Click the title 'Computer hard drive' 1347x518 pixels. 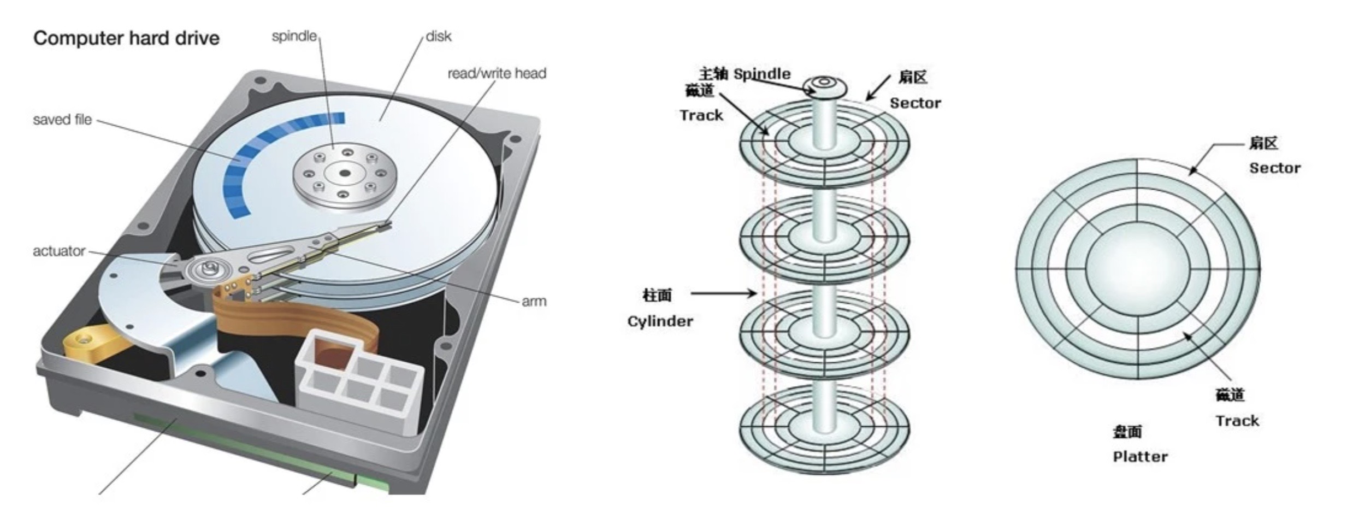click(126, 38)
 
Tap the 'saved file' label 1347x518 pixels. click(62, 120)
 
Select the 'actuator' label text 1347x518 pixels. click(59, 251)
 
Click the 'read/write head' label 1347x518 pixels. click(497, 73)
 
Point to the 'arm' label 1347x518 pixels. click(534, 301)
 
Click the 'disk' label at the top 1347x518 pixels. click(438, 37)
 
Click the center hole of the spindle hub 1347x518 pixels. click(344, 174)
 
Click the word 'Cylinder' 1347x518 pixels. click(660, 321)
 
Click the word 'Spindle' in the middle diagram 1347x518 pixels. click(761, 74)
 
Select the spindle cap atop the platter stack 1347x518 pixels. click(824, 85)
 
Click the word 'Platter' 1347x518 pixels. click(1140, 457)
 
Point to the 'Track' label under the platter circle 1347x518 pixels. click(1237, 421)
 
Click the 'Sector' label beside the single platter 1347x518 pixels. click(1274, 168)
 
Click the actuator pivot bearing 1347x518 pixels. click(209, 268)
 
